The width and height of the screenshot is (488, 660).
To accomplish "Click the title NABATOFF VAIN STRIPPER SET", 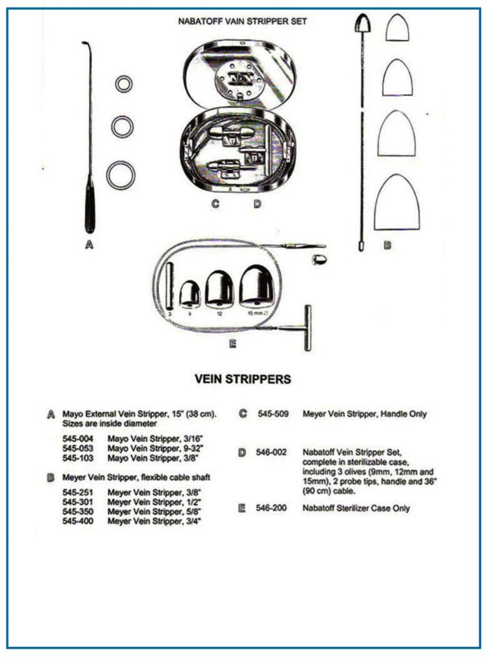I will pyautogui.click(x=242, y=22).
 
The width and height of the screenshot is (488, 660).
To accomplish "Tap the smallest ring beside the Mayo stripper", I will pyautogui.click(x=123, y=84).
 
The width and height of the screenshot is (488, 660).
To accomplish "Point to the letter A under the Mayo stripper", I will pyautogui.click(x=89, y=245).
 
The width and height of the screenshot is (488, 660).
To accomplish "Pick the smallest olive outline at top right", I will pyautogui.click(x=398, y=28).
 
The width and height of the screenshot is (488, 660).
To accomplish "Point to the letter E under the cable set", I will pyautogui.click(x=233, y=344).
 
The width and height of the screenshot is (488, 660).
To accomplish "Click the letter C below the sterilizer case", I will pyautogui.click(x=215, y=204).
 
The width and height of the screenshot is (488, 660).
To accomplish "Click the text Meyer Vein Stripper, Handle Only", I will pyautogui.click(x=365, y=414).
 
